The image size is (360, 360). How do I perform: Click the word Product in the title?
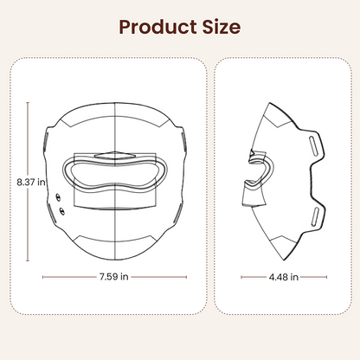[x=158, y=27]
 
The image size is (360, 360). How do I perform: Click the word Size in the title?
[x=222, y=27]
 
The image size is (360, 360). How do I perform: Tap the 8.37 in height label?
[x=31, y=182]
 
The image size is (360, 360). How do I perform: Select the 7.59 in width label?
[x=114, y=277]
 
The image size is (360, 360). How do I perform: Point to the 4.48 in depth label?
[x=284, y=277]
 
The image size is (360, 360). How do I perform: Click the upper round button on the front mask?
[x=59, y=196]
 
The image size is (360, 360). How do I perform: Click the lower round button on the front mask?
[x=61, y=211]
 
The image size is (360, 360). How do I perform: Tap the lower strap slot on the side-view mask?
[x=315, y=216]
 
